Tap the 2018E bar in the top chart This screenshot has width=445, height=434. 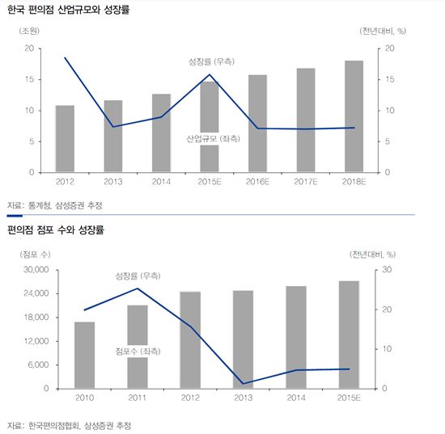tap(354, 116)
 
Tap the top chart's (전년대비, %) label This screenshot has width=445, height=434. tap(383, 31)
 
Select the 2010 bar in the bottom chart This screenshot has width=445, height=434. tap(84, 355)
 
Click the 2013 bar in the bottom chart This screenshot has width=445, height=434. tap(243, 339)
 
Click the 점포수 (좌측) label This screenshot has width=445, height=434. tap(138, 351)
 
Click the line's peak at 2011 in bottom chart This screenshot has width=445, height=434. tap(138, 289)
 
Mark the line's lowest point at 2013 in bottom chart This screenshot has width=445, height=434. tap(243, 384)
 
